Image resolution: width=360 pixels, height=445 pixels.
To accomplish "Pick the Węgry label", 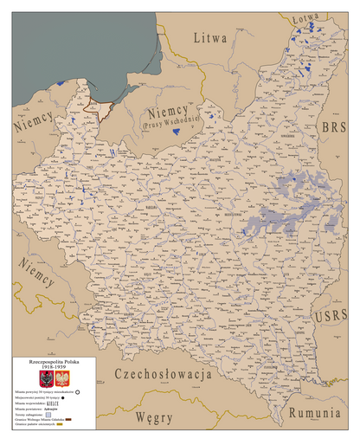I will (x=153, y=418).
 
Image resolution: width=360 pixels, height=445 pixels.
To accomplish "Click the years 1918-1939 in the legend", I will (x=48, y=365).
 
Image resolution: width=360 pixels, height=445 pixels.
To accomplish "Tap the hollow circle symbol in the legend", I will (x=75, y=392).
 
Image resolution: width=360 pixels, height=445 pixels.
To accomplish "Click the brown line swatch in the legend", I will (x=74, y=423).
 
